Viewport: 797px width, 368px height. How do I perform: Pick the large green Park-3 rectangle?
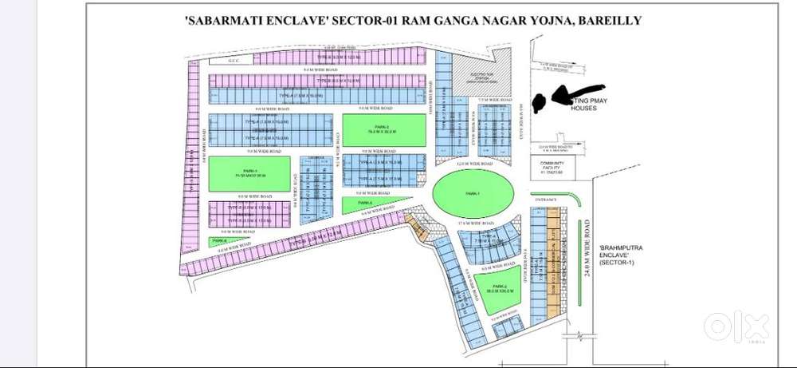(249, 174)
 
